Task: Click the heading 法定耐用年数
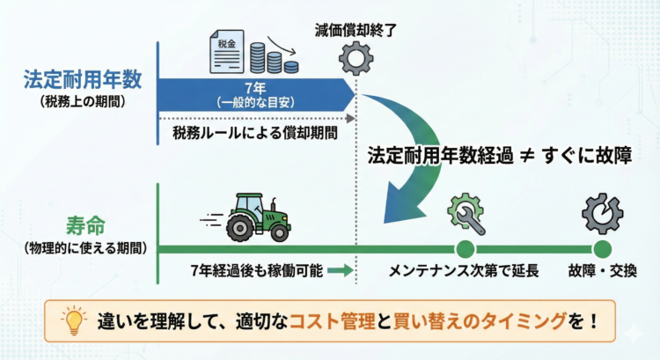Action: [x=82, y=80]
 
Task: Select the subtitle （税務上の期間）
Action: [x=82, y=102]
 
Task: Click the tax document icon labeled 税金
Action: [x=226, y=52]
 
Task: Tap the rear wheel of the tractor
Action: [x=238, y=228]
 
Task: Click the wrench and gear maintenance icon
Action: [x=466, y=211]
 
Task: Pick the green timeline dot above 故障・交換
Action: [x=602, y=249]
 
